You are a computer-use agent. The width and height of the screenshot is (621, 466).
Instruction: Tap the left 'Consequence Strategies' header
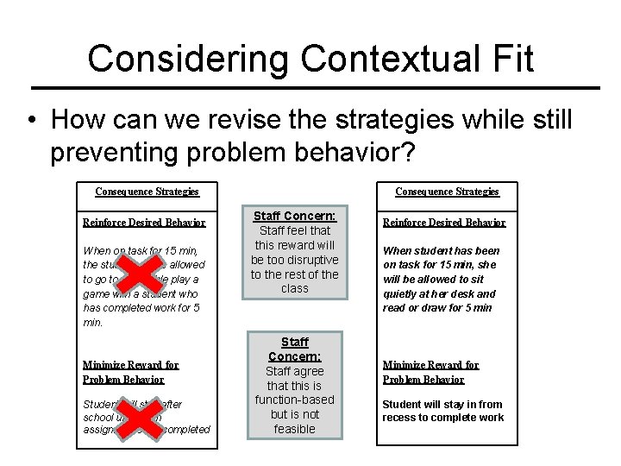click(x=147, y=192)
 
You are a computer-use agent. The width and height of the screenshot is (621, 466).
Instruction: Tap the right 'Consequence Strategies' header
click(x=447, y=192)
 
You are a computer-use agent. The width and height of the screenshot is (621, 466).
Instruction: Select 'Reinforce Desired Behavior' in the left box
click(x=144, y=223)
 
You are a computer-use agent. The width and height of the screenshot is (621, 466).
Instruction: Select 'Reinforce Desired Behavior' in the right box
click(x=444, y=223)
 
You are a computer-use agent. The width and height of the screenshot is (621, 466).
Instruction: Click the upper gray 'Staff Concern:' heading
click(x=294, y=216)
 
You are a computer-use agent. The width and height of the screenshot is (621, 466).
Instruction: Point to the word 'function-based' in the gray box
click(x=294, y=400)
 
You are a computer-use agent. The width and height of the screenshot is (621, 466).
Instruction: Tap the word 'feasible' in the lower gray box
click(x=294, y=429)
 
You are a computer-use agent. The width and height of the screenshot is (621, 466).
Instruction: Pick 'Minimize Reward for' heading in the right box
click(x=430, y=365)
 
